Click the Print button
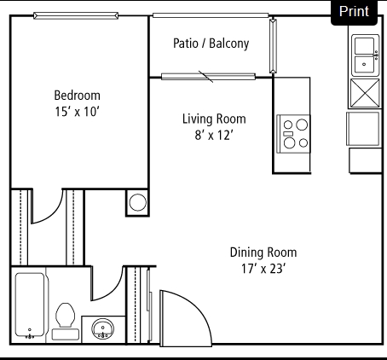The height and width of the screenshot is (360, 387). tap(354, 12)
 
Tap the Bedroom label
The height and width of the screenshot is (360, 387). tap(77, 96)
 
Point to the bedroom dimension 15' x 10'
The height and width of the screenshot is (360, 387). tap(77, 112)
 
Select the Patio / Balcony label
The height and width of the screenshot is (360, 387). tap(211, 44)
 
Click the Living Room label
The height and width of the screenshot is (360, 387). tap(214, 119)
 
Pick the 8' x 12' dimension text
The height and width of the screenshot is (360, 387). tap(214, 135)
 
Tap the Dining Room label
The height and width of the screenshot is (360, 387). tap(263, 253)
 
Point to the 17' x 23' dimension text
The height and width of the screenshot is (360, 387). tap(263, 269)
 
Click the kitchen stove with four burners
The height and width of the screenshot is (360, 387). tap(293, 134)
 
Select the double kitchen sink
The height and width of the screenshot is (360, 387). tap(366, 55)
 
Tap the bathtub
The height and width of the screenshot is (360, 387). tap(30, 305)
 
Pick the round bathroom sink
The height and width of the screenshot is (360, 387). tap(102, 328)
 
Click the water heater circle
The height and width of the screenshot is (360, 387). tap(138, 202)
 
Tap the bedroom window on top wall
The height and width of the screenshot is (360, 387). tap(76, 15)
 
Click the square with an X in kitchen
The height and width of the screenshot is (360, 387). tap(365, 93)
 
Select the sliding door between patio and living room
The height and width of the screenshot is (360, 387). tap(208, 77)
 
